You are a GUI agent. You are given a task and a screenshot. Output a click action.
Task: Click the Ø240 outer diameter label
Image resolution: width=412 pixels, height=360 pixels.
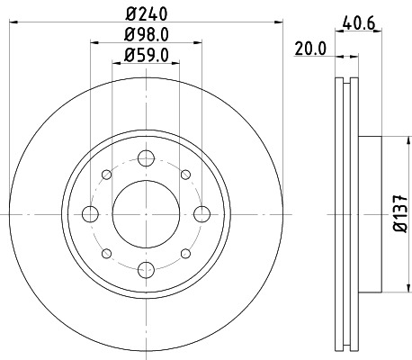(146, 13)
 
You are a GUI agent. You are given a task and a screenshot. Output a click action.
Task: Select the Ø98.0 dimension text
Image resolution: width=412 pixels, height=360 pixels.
(146, 37)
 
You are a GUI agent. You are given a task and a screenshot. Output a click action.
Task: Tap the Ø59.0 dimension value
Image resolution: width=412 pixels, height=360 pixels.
(146, 57)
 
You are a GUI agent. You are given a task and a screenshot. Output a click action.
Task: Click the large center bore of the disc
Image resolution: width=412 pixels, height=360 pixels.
(144, 214)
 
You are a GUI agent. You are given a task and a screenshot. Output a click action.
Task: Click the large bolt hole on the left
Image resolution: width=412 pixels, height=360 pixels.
(89, 214)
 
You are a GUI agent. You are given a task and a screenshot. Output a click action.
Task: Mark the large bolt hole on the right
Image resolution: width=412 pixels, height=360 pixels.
(201, 214)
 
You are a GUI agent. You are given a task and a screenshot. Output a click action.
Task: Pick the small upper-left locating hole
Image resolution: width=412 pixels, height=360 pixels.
(105, 175)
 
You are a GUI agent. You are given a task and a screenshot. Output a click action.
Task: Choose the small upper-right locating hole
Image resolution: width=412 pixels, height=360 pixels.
(184, 175)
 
